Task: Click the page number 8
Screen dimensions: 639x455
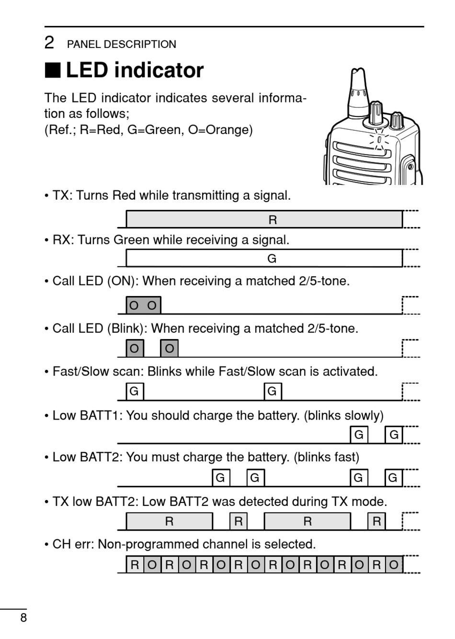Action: point(23,617)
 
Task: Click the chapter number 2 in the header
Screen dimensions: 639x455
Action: point(49,43)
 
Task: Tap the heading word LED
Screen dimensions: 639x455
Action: point(87,70)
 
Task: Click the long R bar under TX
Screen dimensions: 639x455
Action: point(264,220)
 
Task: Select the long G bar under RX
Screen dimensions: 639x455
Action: point(264,259)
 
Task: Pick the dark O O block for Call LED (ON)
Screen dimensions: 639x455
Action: point(143,305)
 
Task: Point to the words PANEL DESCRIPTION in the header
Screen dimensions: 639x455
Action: point(122,45)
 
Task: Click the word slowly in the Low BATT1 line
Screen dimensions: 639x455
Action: point(364,415)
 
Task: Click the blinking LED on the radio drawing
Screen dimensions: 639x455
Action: point(379,139)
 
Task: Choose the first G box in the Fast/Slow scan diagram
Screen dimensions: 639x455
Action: point(135,391)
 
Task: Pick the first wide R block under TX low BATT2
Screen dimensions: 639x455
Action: point(169,521)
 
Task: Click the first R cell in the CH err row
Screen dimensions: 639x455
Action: point(135,565)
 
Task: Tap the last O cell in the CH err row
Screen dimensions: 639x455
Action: point(394,565)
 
